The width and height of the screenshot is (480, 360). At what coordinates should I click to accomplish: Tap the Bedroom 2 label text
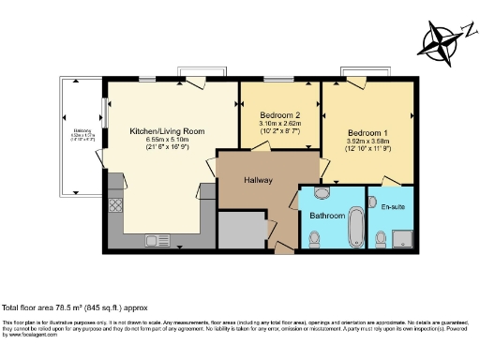click(278, 114)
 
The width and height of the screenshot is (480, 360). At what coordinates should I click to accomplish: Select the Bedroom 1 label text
click(367, 132)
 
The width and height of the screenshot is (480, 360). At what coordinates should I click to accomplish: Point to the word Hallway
click(258, 180)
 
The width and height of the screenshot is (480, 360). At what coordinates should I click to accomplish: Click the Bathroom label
click(327, 215)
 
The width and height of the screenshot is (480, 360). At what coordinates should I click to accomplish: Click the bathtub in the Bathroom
click(357, 224)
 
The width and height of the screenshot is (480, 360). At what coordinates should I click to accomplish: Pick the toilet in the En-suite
click(380, 241)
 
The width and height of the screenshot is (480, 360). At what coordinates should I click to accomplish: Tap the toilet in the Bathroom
click(314, 241)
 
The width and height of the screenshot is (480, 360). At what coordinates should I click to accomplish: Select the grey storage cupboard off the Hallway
click(242, 230)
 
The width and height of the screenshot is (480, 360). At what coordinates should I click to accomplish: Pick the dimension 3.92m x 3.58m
click(367, 142)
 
